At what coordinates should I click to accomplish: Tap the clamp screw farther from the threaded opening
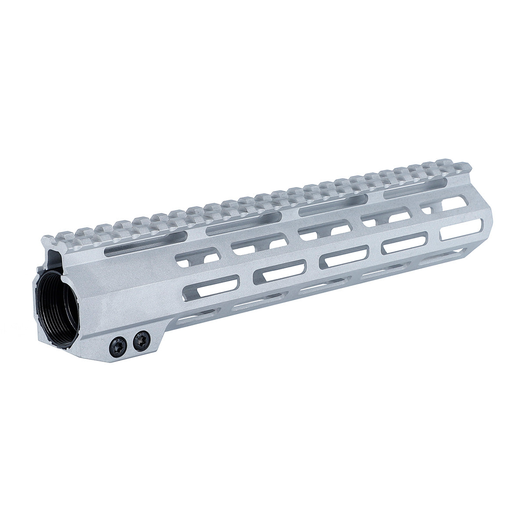tap(141, 340)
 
